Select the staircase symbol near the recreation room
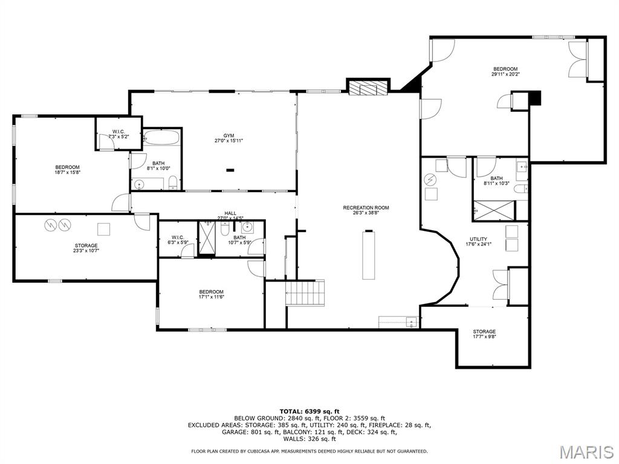click(x=305, y=293)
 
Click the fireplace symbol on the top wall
click(x=368, y=88)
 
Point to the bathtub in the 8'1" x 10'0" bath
click(x=163, y=137)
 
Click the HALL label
click(x=230, y=213)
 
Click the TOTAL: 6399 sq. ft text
click(x=309, y=411)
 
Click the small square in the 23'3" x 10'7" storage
click(x=103, y=228)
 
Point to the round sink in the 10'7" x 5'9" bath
click(x=247, y=227)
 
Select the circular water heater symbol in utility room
click(x=431, y=179)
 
